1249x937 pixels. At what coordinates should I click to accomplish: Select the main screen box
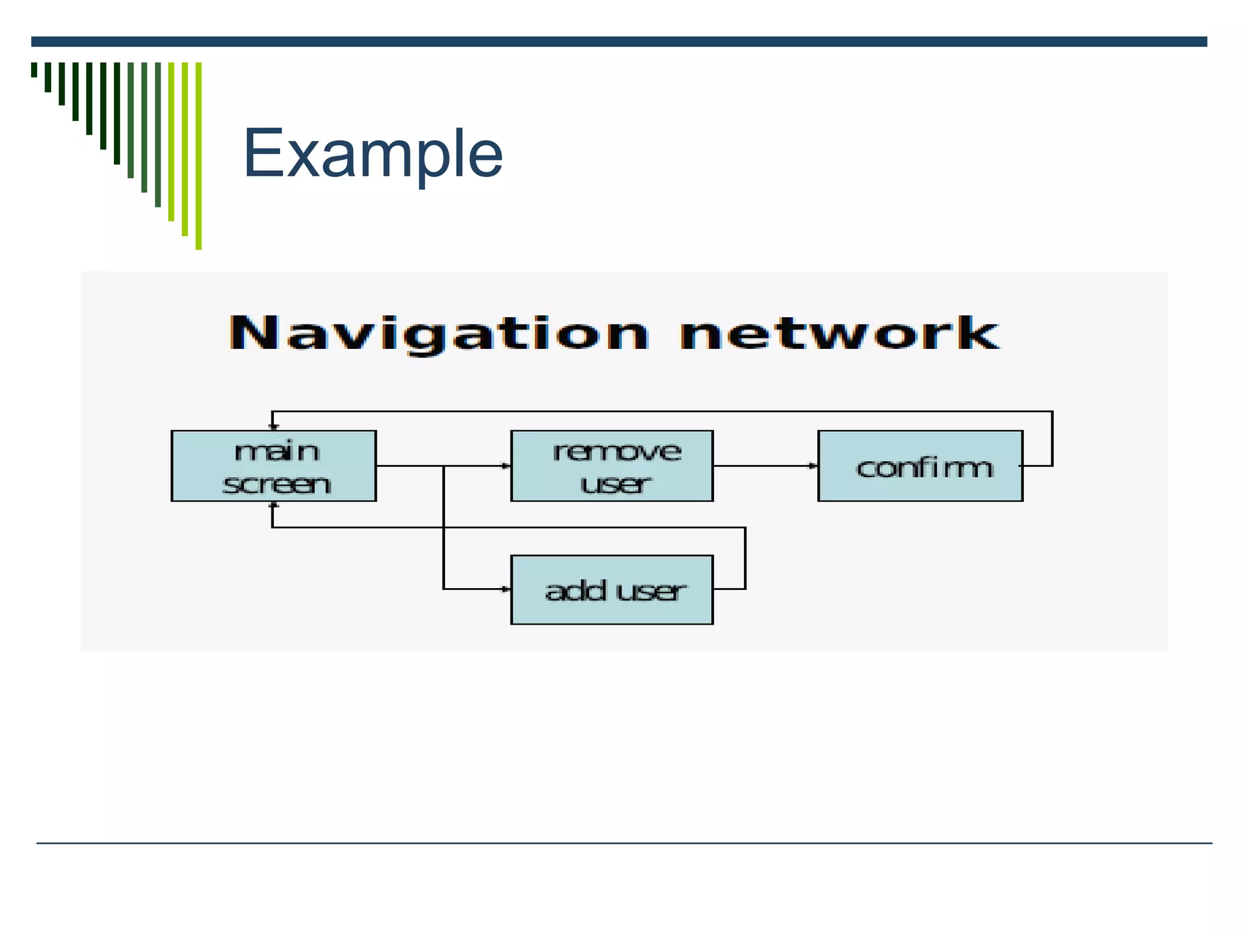(274, 466)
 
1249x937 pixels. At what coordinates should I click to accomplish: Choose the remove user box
(612, 466)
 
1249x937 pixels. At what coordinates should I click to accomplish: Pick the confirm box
(920, 466)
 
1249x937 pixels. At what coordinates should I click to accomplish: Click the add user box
(612, 590)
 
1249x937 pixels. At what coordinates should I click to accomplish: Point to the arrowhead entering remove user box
(506, 466)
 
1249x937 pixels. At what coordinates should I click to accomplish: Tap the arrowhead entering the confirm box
(813, 466)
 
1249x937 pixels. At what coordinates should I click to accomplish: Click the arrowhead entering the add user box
(506, 589)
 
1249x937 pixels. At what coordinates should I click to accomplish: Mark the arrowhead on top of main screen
(273, 426)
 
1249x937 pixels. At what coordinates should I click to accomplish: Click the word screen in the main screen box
(276, 485)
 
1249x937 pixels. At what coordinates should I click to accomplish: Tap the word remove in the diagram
(617, 452)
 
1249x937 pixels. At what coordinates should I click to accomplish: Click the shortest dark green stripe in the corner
(34, 70)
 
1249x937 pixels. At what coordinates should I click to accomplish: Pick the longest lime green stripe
(199, 156)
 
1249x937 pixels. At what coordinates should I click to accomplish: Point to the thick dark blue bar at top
(619, 41)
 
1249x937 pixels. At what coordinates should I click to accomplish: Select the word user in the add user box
(651, 591)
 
